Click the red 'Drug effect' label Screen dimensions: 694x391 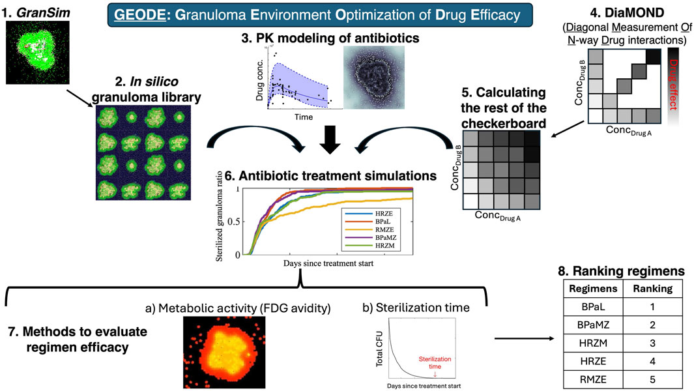(x=678, y=91)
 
